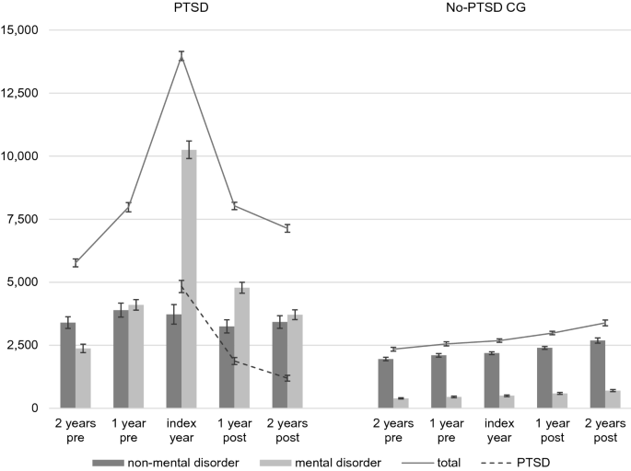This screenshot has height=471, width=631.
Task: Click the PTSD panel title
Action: (192, 7)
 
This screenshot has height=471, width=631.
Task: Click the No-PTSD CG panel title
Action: (485, 7)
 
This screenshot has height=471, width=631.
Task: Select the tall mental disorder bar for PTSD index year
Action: (189, 279)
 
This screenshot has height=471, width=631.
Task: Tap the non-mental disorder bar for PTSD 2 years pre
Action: (68, 365)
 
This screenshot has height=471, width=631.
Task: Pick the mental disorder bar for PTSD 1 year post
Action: (242, 348)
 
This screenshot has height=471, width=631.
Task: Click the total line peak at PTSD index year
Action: (181, 56)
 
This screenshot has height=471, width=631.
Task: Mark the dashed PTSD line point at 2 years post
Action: (287, 378)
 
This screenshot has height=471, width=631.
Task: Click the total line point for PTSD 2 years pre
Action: (76, 263)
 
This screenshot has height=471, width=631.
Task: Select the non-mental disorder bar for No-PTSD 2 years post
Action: (598, 374)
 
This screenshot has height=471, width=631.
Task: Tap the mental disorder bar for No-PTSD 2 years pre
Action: (401, 403)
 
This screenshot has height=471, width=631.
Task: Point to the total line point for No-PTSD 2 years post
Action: (605, 323)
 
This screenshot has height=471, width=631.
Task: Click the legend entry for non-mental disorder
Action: (166, 463)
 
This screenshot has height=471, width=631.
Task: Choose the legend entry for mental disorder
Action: (321, 463)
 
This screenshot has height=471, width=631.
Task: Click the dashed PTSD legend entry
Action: (516, 463)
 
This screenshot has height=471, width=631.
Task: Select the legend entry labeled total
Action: (431, 463)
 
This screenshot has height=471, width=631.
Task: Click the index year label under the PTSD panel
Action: (181, 430)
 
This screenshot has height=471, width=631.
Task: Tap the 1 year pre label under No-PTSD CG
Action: (446, 430)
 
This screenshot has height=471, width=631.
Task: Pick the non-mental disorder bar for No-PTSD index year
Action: (492, 381)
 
